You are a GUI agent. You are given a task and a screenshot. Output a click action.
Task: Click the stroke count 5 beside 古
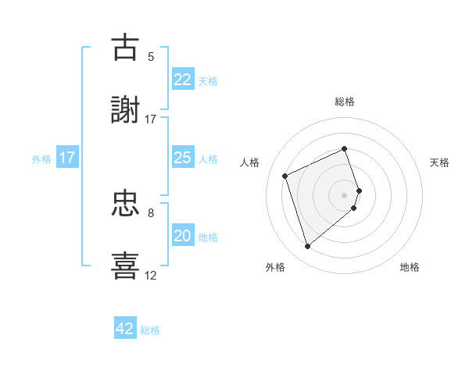point(151,56)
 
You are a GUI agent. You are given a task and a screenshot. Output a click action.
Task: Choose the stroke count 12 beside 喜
point(151,275)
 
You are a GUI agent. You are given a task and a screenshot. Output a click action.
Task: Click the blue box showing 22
point(182,80)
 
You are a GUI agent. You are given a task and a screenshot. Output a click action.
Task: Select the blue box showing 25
point(182,158)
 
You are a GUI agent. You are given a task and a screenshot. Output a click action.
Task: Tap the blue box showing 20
point(182,236)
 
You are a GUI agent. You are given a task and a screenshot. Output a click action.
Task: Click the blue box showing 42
point(125,329)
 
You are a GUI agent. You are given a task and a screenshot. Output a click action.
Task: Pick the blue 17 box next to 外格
point(67,158)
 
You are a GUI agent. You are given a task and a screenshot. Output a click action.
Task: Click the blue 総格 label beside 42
point(150,330)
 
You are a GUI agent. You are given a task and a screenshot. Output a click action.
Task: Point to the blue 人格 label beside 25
point(208,159)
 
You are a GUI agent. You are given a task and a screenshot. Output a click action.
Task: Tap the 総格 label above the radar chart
point(344,102)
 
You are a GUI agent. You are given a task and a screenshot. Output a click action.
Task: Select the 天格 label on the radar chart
point(440,162)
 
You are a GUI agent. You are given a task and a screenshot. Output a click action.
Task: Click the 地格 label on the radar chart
point(410,267)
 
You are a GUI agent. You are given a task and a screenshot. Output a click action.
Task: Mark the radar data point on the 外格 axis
point(307,247)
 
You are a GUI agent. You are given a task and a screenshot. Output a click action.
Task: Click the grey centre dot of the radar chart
point(344,194)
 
